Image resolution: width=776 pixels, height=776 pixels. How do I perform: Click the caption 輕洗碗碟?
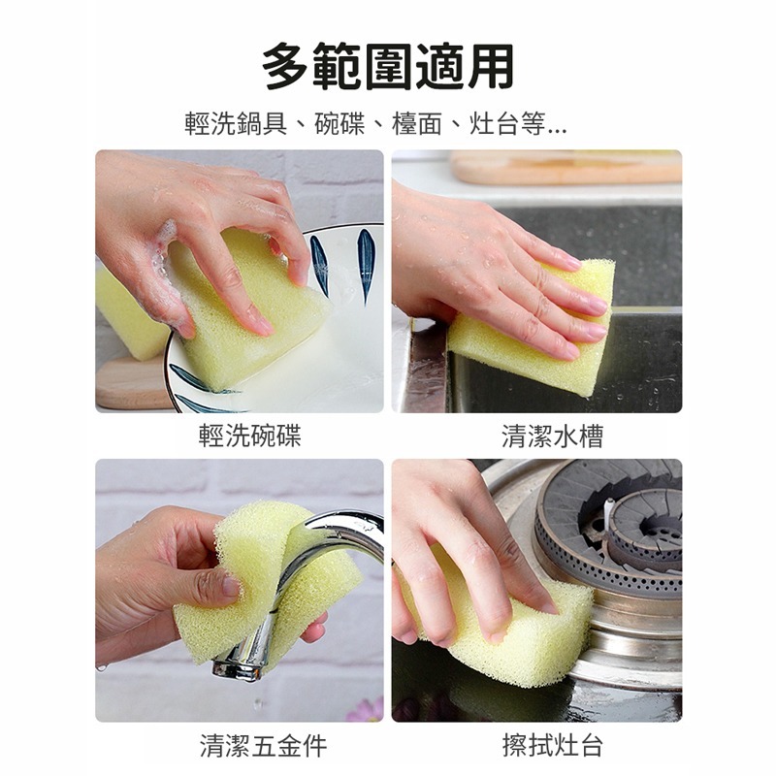250,436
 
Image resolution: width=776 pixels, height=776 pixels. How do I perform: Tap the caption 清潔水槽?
552,436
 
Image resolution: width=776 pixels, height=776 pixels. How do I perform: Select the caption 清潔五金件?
263,745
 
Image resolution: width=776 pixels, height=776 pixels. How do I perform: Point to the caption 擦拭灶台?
552,745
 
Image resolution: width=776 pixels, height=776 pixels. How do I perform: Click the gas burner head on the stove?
621,529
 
